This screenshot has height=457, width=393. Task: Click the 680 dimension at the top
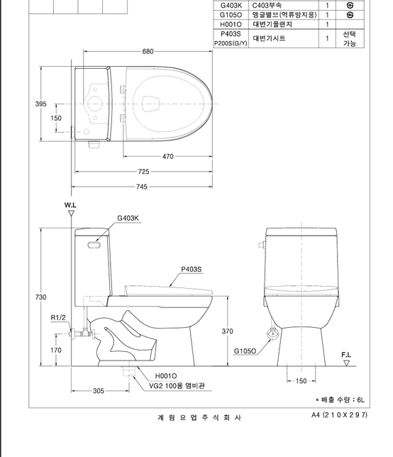(x=148, y=52)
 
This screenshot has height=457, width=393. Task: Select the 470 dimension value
(x=167, y=156)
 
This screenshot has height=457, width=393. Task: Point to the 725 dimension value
(x=144, y=172)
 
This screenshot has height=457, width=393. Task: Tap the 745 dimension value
(x=144, y=187)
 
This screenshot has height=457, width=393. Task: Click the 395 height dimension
(x=41, y=104)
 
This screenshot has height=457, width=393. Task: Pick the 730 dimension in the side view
(x=41, y=297)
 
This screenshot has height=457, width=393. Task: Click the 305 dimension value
(x=99, y=391)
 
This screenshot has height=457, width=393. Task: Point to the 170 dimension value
(x=55, y=350)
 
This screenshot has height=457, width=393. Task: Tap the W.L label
(x=70, y=204)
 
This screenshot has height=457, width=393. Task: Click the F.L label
(x=346, y=353)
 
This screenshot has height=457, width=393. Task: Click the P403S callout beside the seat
(x=191, y=269)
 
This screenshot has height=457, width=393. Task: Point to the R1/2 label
(x=59, y=317)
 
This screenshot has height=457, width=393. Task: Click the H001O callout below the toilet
(x=166, y=375)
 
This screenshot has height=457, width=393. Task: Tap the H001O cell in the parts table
(x=231, y=24)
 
